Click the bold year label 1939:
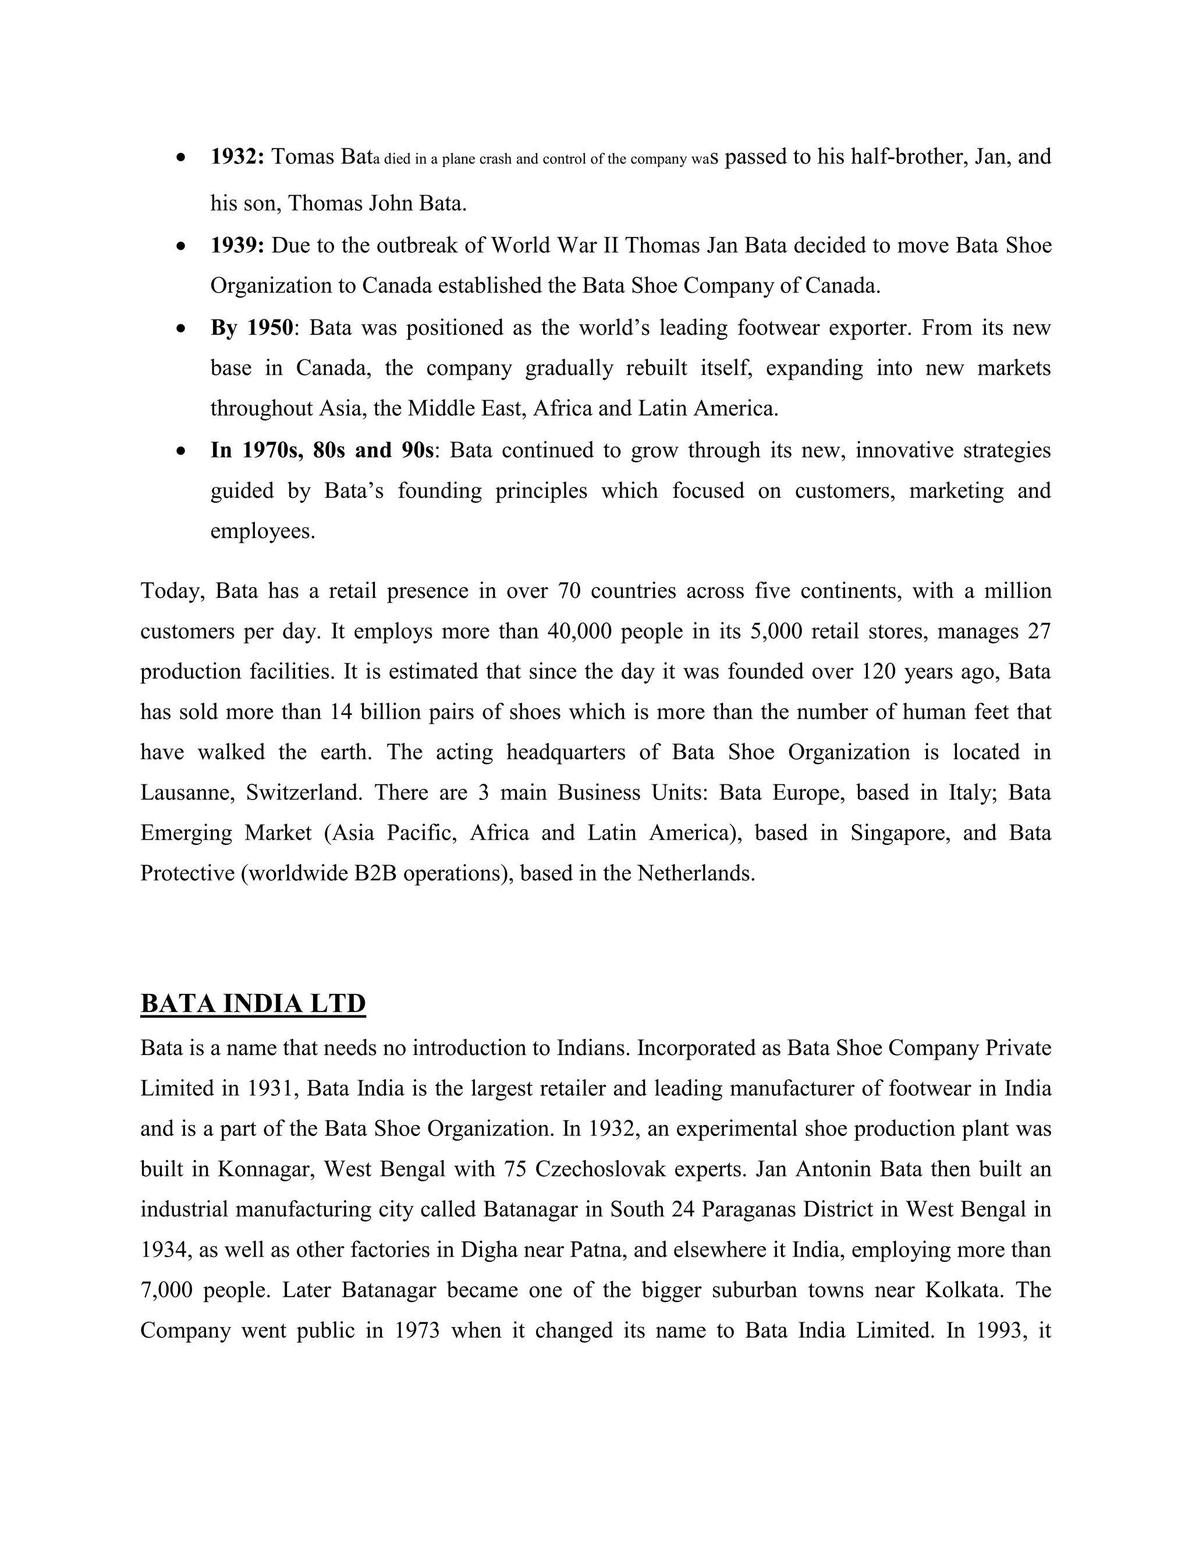237,246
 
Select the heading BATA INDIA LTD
253,1003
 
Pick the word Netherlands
696,874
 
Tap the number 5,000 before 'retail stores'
776,631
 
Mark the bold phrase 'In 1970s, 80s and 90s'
322,450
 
